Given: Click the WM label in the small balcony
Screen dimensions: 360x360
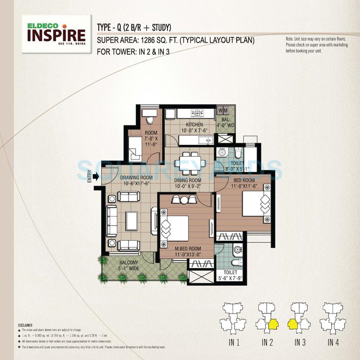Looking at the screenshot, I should tap(223, 110).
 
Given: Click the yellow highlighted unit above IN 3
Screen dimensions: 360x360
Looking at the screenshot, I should tap(293, 324).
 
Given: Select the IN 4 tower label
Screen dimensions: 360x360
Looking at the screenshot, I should tap(333, 343).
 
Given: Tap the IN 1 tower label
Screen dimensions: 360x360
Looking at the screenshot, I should tap(234, 343).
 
